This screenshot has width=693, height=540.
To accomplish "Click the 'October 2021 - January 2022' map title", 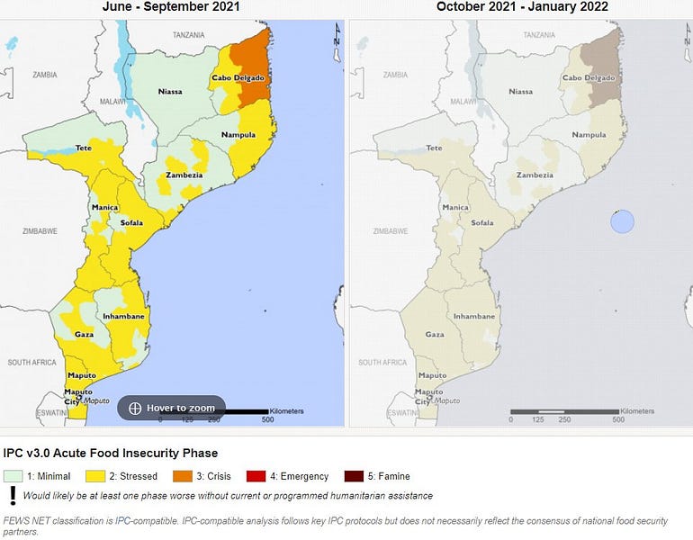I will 522,7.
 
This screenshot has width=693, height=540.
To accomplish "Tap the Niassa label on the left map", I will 169,91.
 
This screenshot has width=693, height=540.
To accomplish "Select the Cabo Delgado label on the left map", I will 237,78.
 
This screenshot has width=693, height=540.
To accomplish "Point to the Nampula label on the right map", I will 589,135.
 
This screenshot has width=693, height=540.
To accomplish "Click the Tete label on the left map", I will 83,148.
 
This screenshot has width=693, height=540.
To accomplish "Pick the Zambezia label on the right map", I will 535,175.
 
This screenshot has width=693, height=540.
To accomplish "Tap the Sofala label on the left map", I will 133,222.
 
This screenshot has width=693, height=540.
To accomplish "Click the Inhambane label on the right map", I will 473,317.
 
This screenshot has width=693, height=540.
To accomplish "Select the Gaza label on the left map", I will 84,334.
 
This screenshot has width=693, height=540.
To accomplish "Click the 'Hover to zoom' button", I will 171,408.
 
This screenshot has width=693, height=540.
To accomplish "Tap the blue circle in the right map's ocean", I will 622,221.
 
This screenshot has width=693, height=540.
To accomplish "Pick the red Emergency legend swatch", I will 256,476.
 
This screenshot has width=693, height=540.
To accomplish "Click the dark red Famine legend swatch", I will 353,476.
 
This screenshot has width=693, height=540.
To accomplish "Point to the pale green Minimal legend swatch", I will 12,476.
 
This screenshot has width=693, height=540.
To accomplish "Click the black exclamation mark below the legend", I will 13,495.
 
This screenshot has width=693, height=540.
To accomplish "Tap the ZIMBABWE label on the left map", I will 40,231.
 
